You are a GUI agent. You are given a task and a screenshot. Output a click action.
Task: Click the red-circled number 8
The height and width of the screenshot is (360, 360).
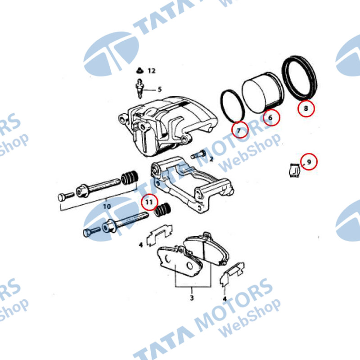[x=306, y=108]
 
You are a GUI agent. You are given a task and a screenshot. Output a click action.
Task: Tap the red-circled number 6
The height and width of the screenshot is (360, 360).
[x=271, y=117]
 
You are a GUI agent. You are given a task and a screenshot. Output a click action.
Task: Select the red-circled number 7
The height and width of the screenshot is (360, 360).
[x=240, y=130]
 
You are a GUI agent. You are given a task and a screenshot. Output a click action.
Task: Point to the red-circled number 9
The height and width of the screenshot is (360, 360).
[x=309, y=162]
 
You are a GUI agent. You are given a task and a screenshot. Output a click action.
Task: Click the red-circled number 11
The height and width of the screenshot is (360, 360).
[x=149, y=202]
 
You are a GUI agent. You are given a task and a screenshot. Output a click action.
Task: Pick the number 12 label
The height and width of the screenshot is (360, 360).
[x=152, y=71]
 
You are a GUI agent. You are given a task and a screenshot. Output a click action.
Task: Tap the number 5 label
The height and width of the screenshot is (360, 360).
[x=160, y=89]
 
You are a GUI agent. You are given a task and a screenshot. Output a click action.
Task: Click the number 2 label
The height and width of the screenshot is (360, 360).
[x=211, y=159]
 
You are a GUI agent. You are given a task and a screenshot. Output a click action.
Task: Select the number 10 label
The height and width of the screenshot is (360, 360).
[x=107, y=206]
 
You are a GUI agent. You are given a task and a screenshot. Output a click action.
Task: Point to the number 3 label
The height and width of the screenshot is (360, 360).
[x=192, y=298]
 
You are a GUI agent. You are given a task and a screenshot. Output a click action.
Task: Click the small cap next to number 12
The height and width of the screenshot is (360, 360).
[x=139, y=71]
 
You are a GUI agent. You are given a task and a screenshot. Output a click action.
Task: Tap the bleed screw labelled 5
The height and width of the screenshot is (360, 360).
[x=140, y=89]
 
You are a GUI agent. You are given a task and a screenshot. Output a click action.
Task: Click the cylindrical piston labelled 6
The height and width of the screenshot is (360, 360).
[x=263, y=93]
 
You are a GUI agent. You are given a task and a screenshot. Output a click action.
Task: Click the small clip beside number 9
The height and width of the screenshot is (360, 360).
[x=294, y=171]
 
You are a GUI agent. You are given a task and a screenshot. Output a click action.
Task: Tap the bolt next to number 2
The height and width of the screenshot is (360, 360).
[x=198, y=154]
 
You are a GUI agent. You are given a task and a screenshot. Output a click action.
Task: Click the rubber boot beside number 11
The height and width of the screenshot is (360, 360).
[x=162, y=210]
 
